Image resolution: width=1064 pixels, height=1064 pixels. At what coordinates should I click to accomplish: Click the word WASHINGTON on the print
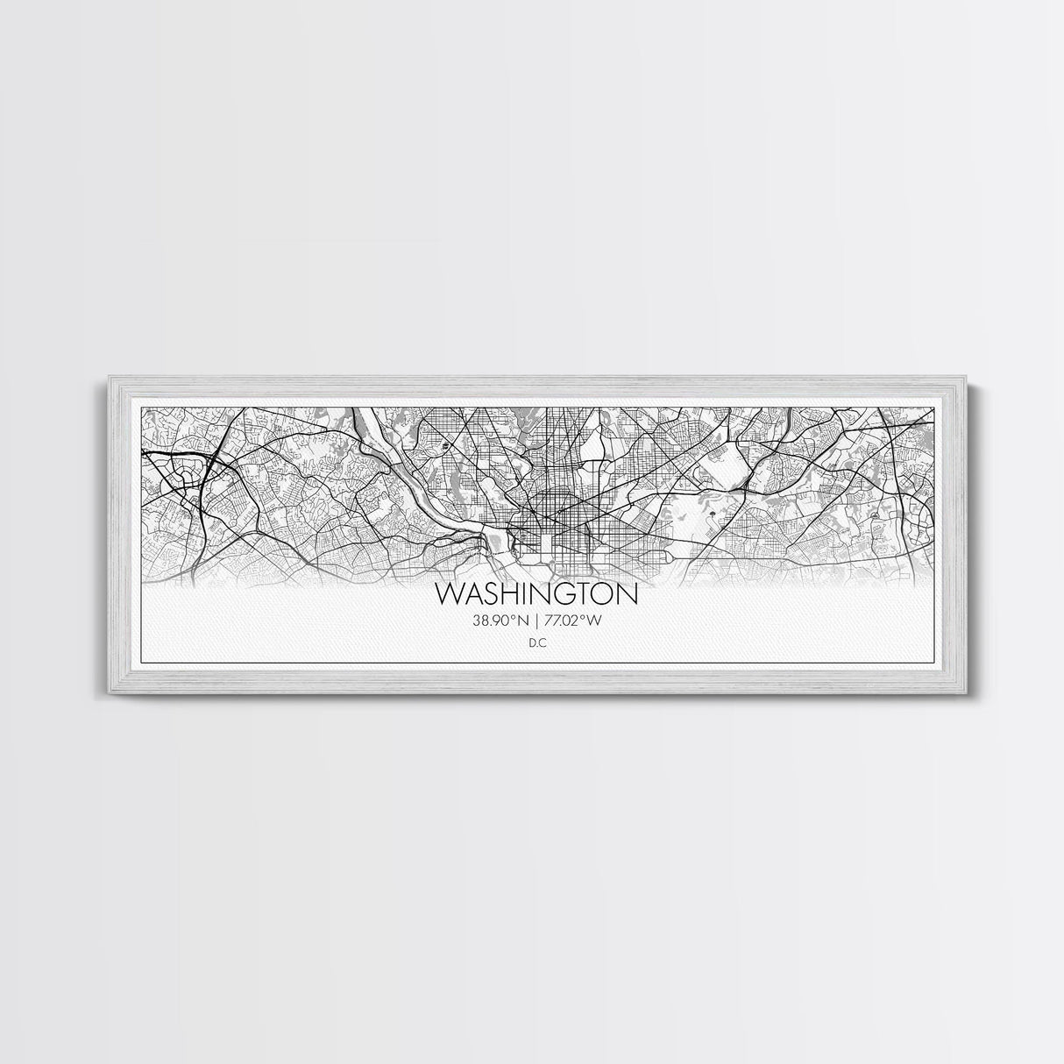click(x=536, y=594)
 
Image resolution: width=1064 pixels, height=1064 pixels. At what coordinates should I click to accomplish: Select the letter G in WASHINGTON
click(x=571, y=594)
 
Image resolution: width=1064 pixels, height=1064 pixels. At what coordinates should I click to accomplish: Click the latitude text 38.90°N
click(x=500, y=621)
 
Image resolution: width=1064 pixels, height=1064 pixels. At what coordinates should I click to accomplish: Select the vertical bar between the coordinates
click(x=536, y=621)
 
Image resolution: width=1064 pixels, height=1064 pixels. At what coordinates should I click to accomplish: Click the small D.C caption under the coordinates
click(x=536, y=643)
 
